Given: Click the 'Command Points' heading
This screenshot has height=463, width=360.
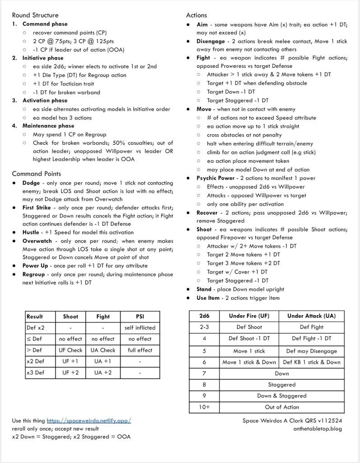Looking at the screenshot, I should pyautogui.click(x=37, y=174).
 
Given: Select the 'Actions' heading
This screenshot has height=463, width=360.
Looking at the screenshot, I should pyautogui.click(x=196, y=15).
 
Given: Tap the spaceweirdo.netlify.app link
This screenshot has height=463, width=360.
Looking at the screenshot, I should pyautogui.click(x=89, y=420).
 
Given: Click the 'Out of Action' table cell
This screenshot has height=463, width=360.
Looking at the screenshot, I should pyautogui.click(x=281, y=407).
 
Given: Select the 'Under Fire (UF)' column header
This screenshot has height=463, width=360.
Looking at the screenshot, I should pyautogui.click(x=249, y=316).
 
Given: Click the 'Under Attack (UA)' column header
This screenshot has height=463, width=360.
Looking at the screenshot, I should pyautogui.click(x=311, y=316).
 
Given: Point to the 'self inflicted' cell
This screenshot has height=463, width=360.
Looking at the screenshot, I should pyautogui.click(x=140, y=327).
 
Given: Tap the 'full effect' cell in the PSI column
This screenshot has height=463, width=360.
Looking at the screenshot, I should pyautogui.click(x=140, y=350).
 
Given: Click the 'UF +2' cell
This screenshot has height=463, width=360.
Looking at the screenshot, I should pyautogui.click(x=70, y=373).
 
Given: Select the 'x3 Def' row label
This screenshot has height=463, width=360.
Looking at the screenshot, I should pyautogui.click(x=36, y=373).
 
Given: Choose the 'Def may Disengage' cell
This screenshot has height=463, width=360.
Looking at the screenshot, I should pyautogui.click(x=311, y=351).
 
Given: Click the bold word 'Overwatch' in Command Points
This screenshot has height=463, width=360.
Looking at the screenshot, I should pyautogui.click(x=37, y=241).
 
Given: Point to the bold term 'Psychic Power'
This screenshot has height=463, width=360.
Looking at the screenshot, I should pyautogui.click(x=215, y=178).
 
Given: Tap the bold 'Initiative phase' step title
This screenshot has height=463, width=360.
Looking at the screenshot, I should pyautogui.click(x=43, y=58).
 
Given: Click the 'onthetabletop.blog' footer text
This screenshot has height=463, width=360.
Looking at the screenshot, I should pyautogui.click(x=318, y=429).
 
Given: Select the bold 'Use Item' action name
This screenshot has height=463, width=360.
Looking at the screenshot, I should pyautogui.click(x=208, y=298).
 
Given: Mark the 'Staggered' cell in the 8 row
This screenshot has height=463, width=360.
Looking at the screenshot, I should pyautogui.click(x=281, y=385).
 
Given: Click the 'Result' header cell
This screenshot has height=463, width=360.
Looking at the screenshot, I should pyautogui.click(x=35, y=317).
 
